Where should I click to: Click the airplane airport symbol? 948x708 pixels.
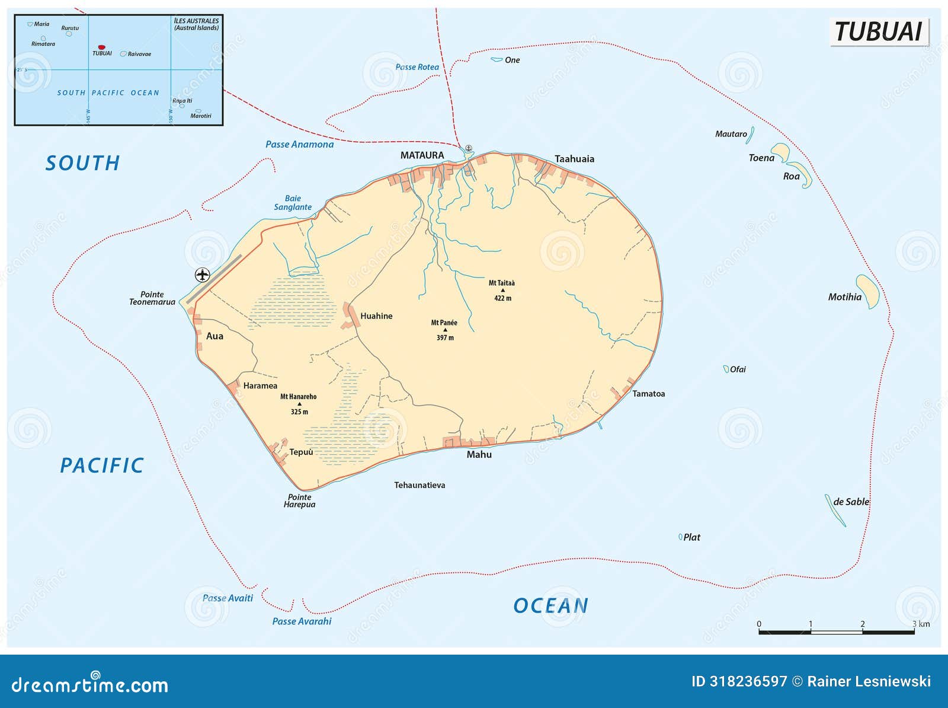tap(203, 275)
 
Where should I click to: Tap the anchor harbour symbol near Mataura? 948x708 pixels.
tap(468, 148)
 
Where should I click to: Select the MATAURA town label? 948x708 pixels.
tap(422, 155)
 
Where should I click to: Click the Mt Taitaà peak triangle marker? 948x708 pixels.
tap(502, 291)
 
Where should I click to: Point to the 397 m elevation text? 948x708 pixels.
tap(445, 338)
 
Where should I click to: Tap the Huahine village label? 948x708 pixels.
tap(376, 316)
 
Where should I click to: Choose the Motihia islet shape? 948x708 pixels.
tap(869, 291)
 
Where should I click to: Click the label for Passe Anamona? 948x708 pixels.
tap(299, 144)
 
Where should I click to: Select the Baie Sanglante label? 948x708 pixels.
tap(293, 203)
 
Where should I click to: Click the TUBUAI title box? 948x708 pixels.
tap(879, 31)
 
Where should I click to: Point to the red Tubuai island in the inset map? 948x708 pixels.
tap(101, 47)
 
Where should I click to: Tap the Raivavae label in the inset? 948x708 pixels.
tap(139, 54)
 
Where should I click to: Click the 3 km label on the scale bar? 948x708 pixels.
tap(921, 624)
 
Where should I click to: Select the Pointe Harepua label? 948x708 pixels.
tap(299, 501)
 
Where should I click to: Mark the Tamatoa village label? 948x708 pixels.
tap(648, 394)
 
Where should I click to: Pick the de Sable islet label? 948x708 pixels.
tap(851, 502)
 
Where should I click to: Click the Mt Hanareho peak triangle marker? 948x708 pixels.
tap(299, 404)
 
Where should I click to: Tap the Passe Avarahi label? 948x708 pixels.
tap(302, 621)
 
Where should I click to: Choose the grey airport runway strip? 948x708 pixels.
tap(214, 279)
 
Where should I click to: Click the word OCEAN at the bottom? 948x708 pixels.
tap(550, 606)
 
